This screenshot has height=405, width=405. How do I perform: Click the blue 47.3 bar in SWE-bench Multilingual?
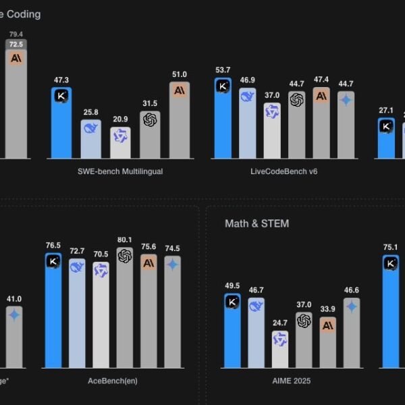[x=61, y=125]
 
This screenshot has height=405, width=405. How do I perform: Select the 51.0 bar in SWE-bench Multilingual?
[x=180, y=122]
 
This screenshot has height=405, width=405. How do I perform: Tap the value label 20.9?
[x=121, y=118]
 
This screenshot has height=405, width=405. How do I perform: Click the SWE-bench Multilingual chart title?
[x=120, y=171]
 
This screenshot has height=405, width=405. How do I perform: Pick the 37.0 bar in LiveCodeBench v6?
[x=272, y=132]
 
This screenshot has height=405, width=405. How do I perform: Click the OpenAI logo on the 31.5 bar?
[x=150, y=119]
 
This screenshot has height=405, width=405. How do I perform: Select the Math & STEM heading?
[x=256, y=223]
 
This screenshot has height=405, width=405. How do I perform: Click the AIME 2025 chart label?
[x=292, y=381]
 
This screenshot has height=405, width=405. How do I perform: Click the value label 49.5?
[x=232, y=286]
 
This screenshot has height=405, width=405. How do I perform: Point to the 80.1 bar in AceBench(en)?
[x=124, y=310]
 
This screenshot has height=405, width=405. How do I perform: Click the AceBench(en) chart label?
[x=113, y=381]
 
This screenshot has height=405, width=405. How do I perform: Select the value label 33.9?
[x=327, y=310]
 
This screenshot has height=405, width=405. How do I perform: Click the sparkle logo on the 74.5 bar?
[x=173, y=265]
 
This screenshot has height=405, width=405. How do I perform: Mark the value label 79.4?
[x=16, y=33]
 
